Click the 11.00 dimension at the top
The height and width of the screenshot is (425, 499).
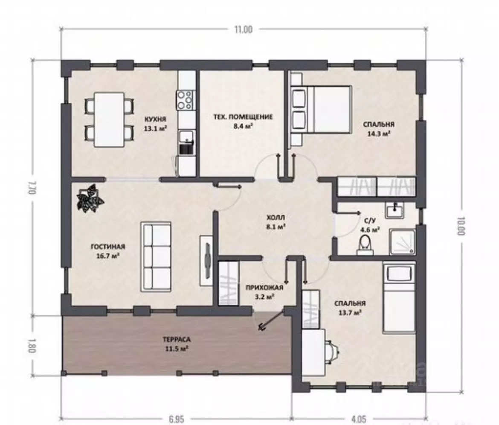244,29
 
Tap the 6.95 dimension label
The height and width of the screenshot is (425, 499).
176,419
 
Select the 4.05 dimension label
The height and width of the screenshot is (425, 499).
359,419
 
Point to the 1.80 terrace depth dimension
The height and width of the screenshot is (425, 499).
31,345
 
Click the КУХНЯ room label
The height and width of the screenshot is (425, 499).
155,119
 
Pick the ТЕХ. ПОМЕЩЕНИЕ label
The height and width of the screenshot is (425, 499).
243,117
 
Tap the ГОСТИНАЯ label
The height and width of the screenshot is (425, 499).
108,247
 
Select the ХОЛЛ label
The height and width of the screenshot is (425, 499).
276,218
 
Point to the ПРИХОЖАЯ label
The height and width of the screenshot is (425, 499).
264,288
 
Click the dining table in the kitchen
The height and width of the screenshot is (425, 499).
109,119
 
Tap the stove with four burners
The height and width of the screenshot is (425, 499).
186,100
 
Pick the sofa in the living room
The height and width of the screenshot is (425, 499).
156,256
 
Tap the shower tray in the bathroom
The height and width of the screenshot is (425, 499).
403,242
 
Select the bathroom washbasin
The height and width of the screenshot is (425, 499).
395,210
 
